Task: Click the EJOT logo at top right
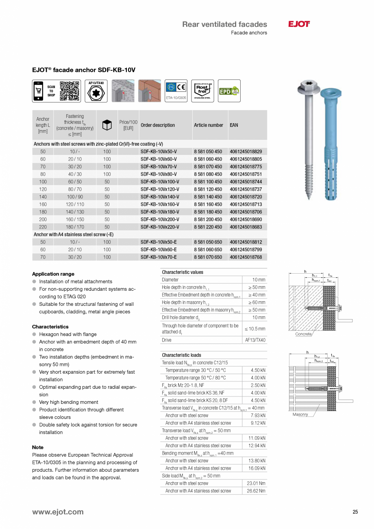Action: (299, 24)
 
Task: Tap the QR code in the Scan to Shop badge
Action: (70, 91)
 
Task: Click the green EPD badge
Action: (229, 91)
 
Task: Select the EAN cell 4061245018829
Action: (246, 152)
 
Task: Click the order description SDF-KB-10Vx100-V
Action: (160, 182)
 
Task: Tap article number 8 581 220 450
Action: (208, 227)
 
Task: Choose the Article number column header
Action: (208, 125)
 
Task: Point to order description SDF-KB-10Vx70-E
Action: (159, 257)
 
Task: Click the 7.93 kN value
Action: (258, 416)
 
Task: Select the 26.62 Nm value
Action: (256, 491)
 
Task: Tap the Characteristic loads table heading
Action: (181, 355)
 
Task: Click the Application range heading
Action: (53, 274)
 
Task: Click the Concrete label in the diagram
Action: (303, 334)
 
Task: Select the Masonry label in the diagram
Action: (300, 414)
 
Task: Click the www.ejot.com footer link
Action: (58, 512)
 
